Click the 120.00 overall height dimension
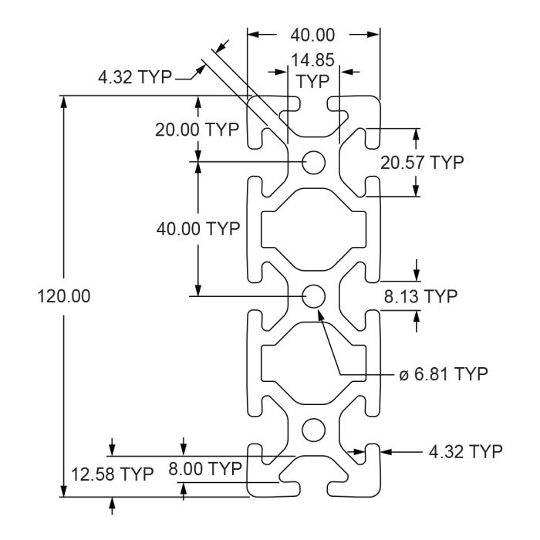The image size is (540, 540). click(64, 296)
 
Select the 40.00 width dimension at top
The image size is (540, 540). click(312, 35)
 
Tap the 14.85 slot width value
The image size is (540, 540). click(312, 60)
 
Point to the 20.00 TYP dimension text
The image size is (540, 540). click(197, 130)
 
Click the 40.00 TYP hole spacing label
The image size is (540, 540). click(198, 228)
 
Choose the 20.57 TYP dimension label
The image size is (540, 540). click(422, 163)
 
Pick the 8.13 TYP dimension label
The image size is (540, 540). click(421, 296)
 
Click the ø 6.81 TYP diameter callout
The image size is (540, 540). click(444, 373)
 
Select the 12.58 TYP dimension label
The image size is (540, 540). click(113, 474)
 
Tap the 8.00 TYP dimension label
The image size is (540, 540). click(205, 469)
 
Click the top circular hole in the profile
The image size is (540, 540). click(313, 162)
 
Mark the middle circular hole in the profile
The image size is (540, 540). click(313, 296)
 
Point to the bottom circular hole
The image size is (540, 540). click(313, 430)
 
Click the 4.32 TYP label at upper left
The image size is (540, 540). click(135, 77)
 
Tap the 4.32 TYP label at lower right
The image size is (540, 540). click(466, 451)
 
